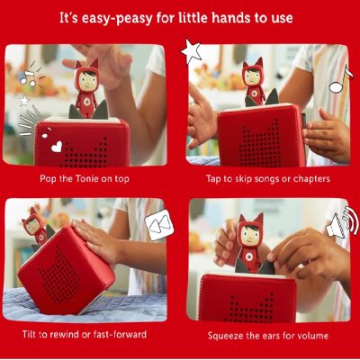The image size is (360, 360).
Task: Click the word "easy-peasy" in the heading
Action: pos(117,19)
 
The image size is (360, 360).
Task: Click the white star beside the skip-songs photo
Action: pos(191,50)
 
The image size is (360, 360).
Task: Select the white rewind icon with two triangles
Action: pos(159,224)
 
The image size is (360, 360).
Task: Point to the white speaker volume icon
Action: pos(342,222)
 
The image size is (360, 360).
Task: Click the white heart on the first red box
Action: pos(57,147)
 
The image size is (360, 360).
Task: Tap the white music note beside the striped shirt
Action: pos(340,79)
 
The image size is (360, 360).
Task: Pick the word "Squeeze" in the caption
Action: pos(225,336)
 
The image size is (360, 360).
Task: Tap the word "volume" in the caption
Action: pos(312,335)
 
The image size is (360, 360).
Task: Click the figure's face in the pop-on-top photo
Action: pos(87,79)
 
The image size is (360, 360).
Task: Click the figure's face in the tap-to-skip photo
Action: pos(253,77)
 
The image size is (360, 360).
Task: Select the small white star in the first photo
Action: pos(24,101)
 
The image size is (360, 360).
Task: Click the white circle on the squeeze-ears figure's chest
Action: pos(248,256)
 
